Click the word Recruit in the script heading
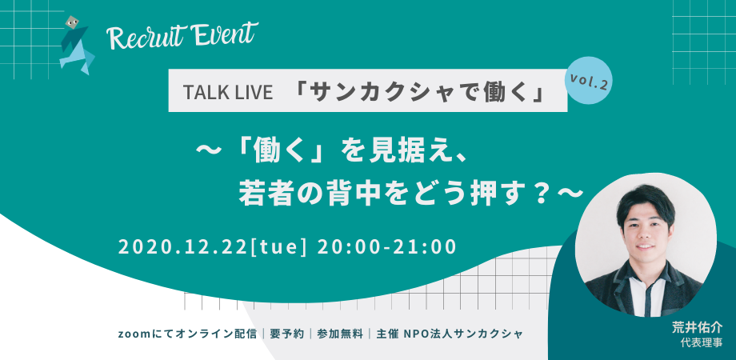(145, 37)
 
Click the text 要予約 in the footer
(287, 333)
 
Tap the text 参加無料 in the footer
(340, 333)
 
